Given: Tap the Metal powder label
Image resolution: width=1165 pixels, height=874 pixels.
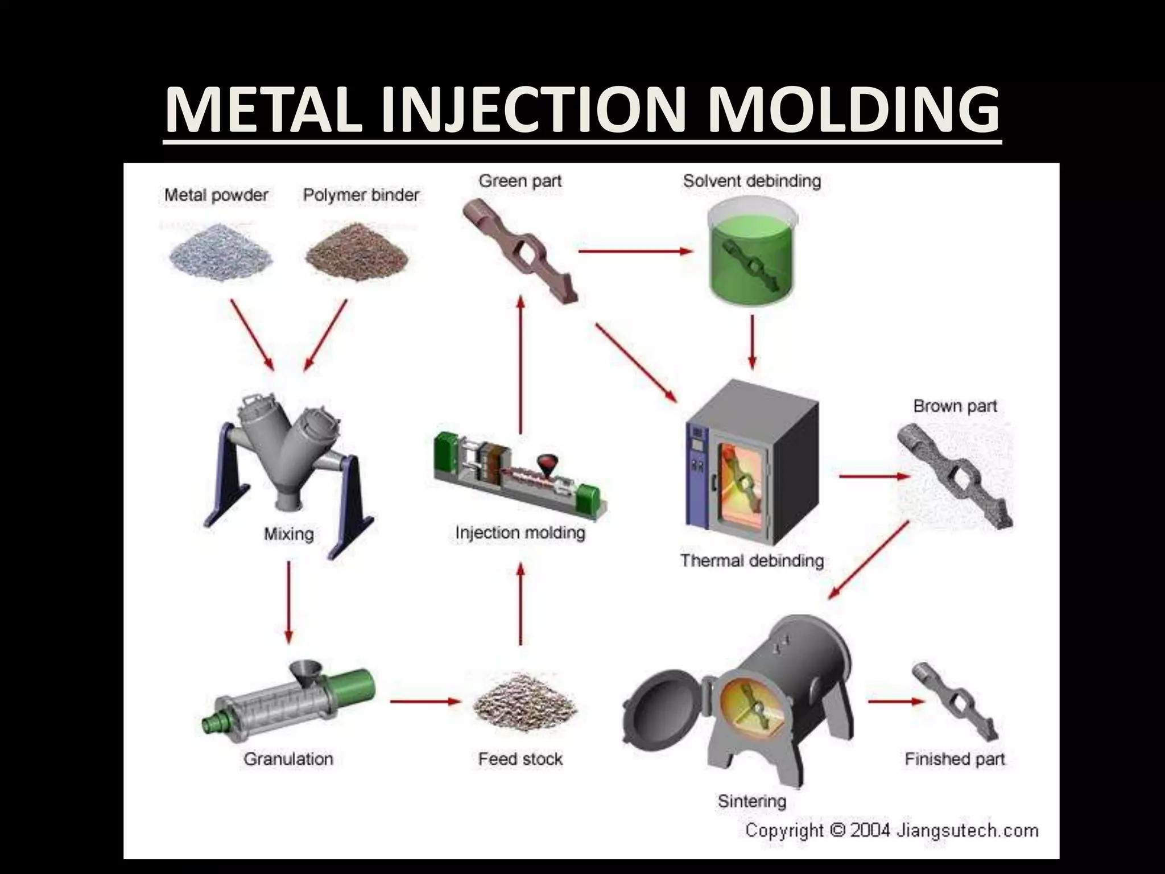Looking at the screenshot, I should pos(216,195).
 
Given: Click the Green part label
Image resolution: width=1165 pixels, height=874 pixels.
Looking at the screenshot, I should pos(520,181).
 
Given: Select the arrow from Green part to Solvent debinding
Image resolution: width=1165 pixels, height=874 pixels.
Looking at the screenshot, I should pos(634,250).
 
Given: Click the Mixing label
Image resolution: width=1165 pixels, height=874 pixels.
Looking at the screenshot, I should pos(289,534).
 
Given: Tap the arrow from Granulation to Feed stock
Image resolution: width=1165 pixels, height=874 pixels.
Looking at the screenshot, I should pos(424,701).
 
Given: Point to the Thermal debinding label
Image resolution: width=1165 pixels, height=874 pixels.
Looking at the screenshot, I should pos(752,560).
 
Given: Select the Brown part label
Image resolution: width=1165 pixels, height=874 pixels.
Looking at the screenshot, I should pos(955,406).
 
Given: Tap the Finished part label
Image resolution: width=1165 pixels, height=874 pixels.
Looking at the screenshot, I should pos(955,758).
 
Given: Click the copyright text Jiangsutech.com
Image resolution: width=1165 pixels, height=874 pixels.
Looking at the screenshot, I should pos(967,830).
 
